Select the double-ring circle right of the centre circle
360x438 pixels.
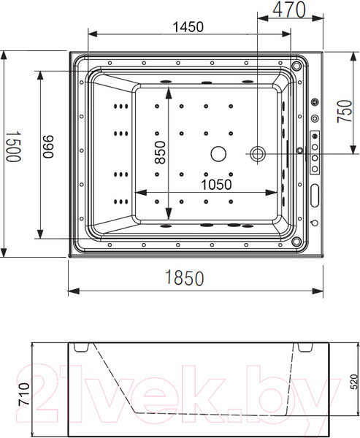(258, 153)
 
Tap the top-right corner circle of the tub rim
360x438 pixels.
(296, 65)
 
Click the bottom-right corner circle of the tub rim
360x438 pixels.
(296, 241)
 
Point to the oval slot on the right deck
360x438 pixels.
(315, 194)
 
